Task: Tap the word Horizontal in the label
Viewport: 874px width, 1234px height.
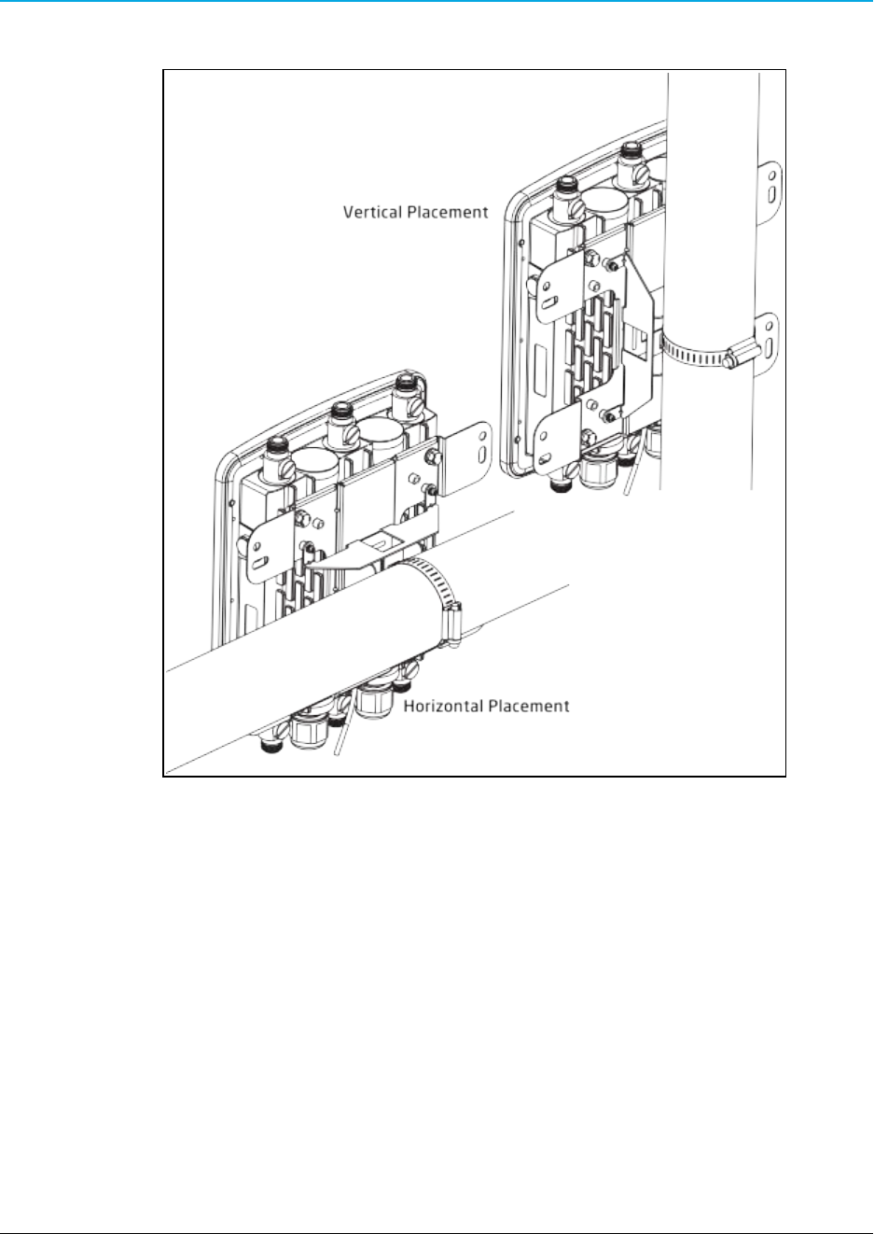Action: [x=440, y=706]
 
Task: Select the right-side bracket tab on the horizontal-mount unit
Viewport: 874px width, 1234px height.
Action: [x=473, y=452]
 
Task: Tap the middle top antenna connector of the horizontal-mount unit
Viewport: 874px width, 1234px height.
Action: [x=341, y=417]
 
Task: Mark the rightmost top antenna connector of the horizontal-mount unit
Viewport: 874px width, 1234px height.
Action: [x=404, y=386]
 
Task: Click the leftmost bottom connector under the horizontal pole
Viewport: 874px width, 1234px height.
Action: [x=271, y=743]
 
